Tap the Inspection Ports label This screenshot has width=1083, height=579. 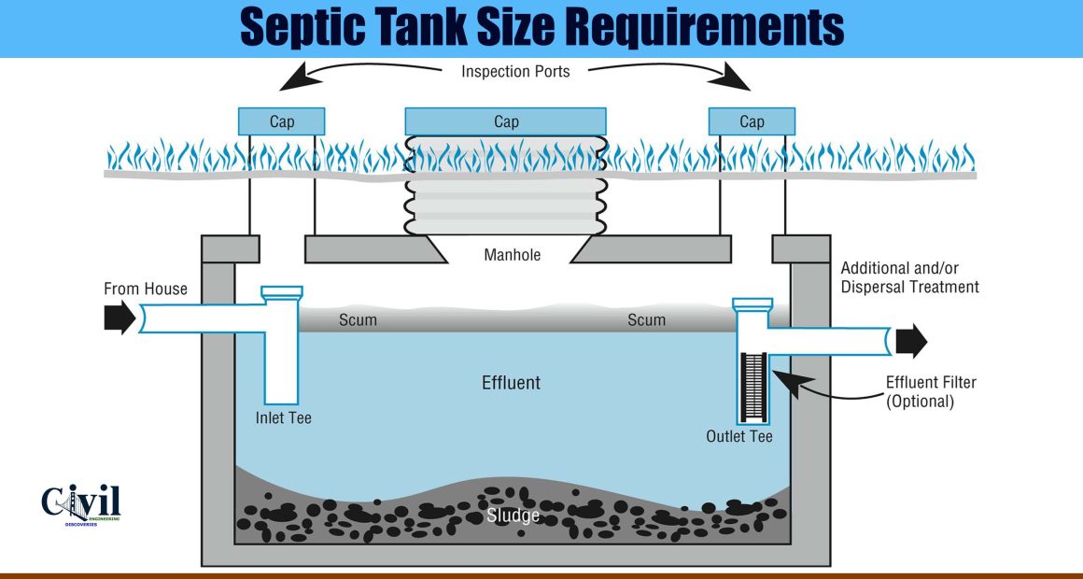(x=515, y=71)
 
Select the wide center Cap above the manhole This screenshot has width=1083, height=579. (x=506, y=121)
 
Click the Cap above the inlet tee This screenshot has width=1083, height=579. (x=281, y=121)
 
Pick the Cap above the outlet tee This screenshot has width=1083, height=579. (x=752, y=121)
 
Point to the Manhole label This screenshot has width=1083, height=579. (x=512, y=255)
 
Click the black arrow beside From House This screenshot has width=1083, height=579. (x=120, y=318)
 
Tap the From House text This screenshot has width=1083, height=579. (x=145, y=289)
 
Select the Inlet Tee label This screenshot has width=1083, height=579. (x=283, y=418)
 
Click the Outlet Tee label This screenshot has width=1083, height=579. (x=739, y=437)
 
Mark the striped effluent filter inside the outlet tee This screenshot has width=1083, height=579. (x=753, y=387)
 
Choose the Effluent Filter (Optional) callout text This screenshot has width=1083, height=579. (x=931, y=391)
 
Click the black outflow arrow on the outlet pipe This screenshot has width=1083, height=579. (x=911, y=341)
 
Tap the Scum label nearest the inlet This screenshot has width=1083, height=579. (x=358, y=320)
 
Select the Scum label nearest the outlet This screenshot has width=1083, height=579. (x=646, y=320)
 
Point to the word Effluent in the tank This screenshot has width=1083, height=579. (x=511, y=382)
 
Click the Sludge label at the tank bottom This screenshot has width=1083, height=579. (x=513, y=515)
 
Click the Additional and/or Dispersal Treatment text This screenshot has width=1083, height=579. (x=909, y=277)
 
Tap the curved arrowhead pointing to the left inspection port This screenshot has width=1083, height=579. (x=299, y=78)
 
